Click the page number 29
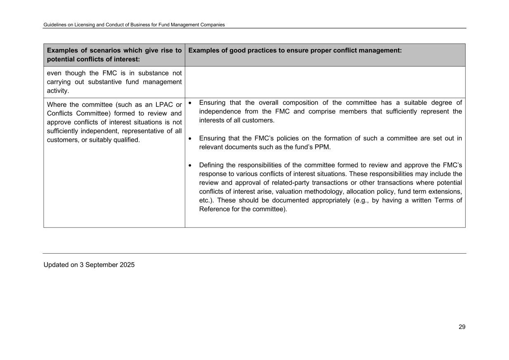pyautogui.click(x=462, y=327)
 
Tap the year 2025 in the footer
pyautogui.click(x=127, y=265)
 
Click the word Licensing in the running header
pyautogui.click(x=84, y=25)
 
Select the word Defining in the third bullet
pyautogui.click(x=212, y=165)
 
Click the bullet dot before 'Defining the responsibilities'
pyautogui.click(x=190, y=165)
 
